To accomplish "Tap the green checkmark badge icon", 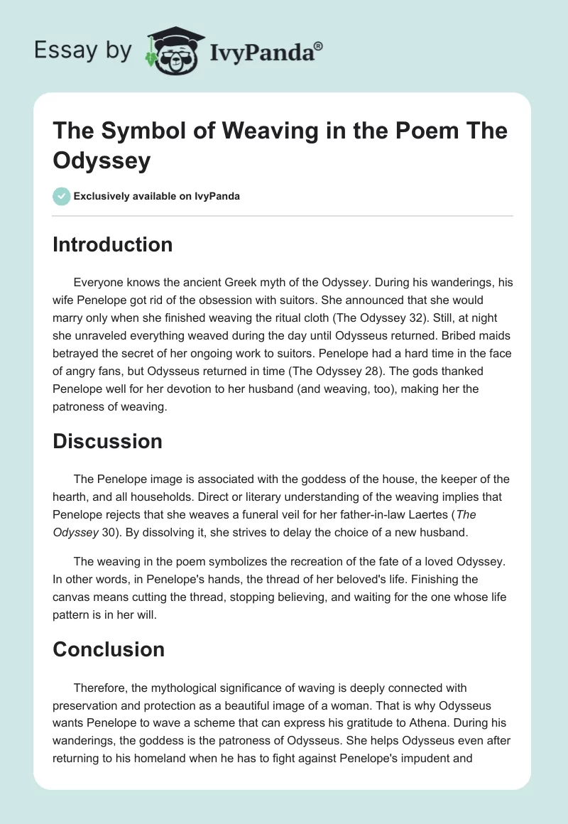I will (x=62, y=196).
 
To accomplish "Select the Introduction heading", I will (x=113, y=244).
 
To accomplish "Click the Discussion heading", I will (x=107, y=441).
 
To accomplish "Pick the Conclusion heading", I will (x=109, y=649).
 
